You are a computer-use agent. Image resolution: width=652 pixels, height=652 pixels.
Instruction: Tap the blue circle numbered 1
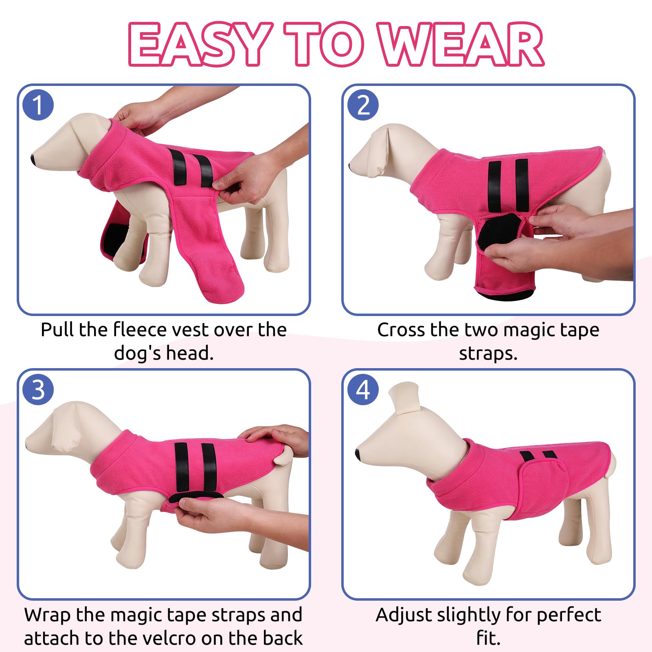pos(38,105)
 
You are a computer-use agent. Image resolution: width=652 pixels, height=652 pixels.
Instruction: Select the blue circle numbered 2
pos(363,105)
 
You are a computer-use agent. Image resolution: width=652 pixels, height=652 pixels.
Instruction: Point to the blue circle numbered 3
pos(38,390)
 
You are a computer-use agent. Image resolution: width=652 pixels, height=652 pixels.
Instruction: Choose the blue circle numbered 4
pos(363,390)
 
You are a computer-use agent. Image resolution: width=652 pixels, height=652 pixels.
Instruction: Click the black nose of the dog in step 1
pos(33,159)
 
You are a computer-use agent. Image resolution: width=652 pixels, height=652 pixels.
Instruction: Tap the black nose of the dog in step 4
pos(358,454)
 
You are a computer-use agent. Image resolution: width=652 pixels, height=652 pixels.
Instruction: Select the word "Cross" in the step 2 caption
pos(401,330)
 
